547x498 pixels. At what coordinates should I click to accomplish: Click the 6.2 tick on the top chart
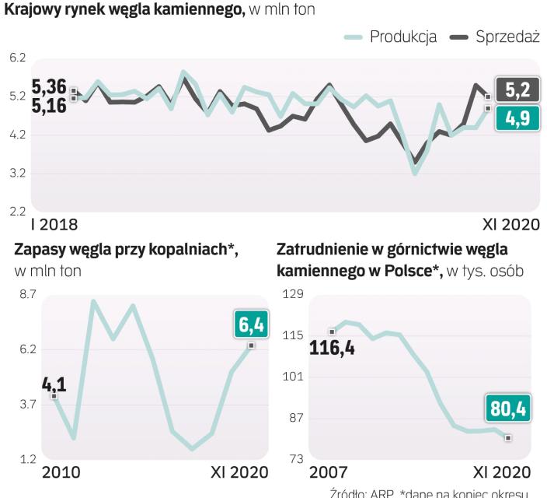click(17, 58)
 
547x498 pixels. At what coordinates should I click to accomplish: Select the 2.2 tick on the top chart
click(17, 211)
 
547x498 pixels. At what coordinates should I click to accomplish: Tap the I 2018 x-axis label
click(54, 226)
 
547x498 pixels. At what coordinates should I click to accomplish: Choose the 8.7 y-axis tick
click(28, 294)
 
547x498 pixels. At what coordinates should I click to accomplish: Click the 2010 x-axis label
click(61, 472)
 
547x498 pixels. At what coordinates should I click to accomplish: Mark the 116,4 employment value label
click(332, 348)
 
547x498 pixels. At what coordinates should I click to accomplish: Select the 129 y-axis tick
click(293, 294)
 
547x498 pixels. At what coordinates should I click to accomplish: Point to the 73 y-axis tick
click(296, 458)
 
